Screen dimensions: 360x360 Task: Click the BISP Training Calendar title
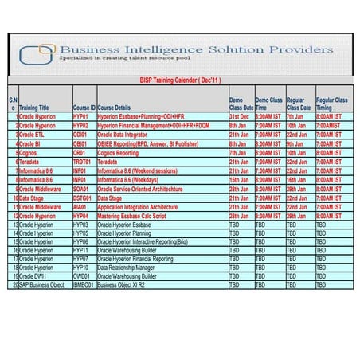180,80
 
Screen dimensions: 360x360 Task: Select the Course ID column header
84,107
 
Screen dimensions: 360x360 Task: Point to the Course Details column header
114,107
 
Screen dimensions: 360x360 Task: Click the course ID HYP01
80,117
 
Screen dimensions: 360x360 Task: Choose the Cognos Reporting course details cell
117,153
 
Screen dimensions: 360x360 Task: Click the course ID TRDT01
82,162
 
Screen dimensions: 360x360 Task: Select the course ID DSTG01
82,198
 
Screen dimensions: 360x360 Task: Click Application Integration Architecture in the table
137,207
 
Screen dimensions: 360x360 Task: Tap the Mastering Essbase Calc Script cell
131,216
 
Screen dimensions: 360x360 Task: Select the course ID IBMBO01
84,284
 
